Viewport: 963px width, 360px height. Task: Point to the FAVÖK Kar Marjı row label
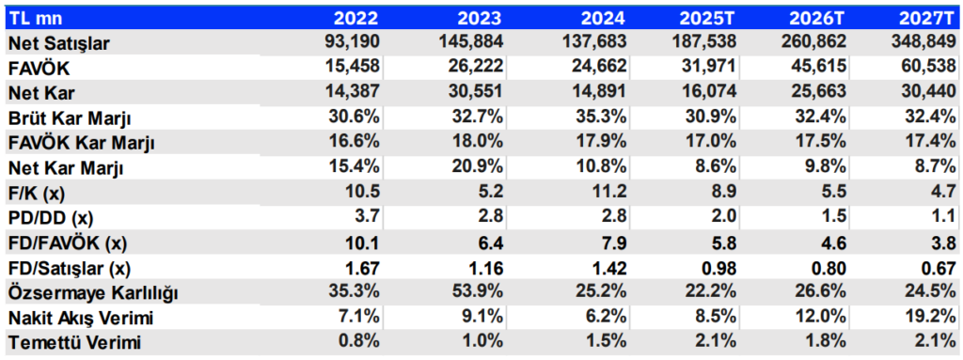[x=81, y=143]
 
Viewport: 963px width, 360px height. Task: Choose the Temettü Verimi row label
[x=74, y=342]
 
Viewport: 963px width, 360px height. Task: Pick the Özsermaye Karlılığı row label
[x=93, y=293]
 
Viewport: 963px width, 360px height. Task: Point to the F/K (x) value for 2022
[x=363, y=193]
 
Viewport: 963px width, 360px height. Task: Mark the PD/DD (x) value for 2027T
[x=944, y=217]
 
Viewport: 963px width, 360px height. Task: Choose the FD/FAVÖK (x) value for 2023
[x=491, y=243]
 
